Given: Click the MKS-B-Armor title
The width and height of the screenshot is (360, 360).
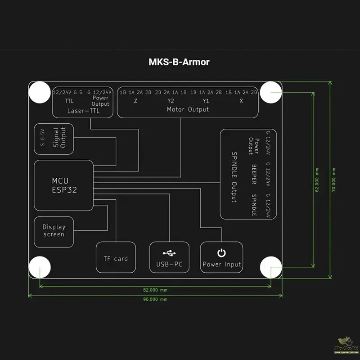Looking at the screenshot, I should [179, 62].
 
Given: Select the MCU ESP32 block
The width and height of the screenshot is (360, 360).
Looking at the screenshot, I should [64, 185].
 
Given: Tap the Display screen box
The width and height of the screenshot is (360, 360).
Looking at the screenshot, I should [54, 231].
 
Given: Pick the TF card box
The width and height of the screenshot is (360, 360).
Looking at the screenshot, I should [116, 258].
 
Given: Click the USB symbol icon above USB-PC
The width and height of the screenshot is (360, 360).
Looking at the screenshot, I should [170, 253].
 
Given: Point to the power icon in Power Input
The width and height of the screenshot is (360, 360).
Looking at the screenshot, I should [221, 253].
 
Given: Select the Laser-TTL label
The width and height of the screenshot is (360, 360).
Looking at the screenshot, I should [83, 111].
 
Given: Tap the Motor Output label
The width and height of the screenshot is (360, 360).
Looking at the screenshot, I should [188, 109].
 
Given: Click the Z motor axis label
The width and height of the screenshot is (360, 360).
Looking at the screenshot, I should [135, 101].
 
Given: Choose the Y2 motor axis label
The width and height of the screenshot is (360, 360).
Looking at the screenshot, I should [171, 101].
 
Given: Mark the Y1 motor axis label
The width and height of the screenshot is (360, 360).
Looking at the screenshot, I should [206, 101].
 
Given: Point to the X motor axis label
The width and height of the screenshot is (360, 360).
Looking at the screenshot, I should [241, 101].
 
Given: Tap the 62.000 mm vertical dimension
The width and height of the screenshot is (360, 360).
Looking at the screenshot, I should [317, 180].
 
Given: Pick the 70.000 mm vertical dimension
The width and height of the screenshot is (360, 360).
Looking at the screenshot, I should [334, 180].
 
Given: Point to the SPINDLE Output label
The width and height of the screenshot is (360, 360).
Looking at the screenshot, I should [234, 177].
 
